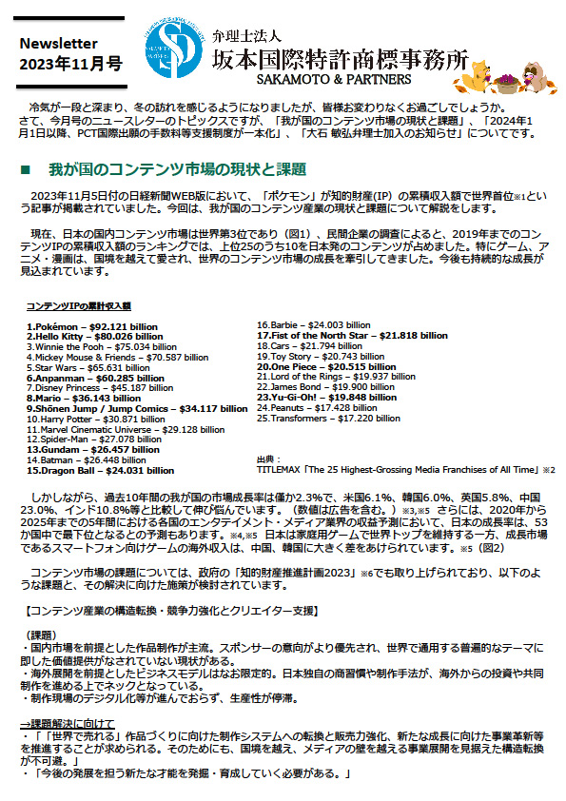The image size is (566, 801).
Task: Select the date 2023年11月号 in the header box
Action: [71, 65]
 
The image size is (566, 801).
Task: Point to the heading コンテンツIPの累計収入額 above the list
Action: [78, 305]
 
